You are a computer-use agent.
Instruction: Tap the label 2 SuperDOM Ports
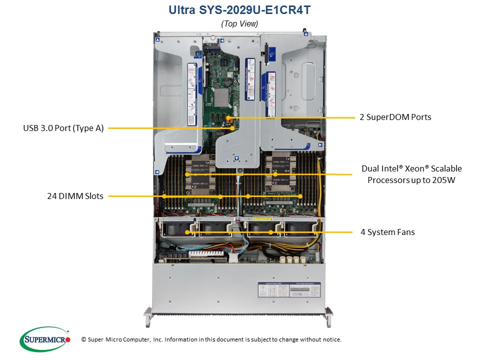395,117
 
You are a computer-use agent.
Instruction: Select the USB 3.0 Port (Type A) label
63,128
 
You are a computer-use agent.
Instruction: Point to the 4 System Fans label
387,232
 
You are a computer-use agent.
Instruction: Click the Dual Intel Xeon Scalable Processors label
414,174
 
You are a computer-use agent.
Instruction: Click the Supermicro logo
44,339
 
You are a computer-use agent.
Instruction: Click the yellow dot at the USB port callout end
232,128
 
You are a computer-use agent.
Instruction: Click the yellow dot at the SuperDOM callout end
231,118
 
